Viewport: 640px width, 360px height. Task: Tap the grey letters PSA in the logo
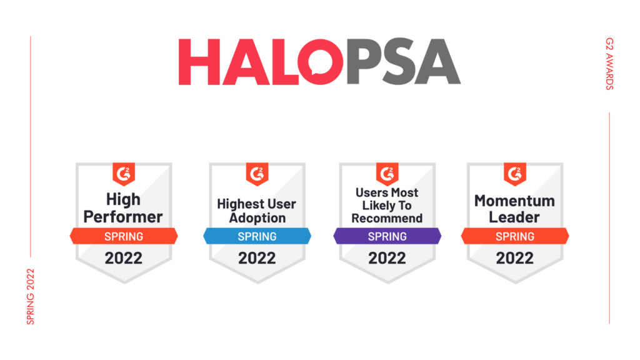[403, 62]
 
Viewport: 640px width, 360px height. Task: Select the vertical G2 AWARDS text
[609, 64]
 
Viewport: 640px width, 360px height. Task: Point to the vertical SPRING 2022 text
[31, 297]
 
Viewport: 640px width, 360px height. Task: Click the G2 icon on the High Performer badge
[124, 174]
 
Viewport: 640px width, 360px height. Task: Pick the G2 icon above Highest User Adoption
[257, 174]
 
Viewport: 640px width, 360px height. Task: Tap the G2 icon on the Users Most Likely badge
[387, 174]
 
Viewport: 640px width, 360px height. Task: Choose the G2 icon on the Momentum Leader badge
[515, 174]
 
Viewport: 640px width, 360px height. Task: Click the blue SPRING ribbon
[257, 236]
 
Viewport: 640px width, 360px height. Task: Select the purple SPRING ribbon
[387, 236]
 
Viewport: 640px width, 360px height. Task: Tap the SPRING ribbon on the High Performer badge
[124, 236]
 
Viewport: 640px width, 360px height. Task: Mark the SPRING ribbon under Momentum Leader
[515, 236]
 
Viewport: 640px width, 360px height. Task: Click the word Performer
[123, 217]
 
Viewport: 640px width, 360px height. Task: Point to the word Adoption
[257, 218]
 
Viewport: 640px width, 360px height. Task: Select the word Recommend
[387, 218]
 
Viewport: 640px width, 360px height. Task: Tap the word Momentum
[515, 201]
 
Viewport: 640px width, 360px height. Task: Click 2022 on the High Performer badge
[123, 258]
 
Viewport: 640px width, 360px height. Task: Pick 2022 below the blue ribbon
[257, 258]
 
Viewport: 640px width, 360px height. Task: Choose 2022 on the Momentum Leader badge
[515, 258]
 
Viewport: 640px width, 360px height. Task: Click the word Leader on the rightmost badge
[514, 217]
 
